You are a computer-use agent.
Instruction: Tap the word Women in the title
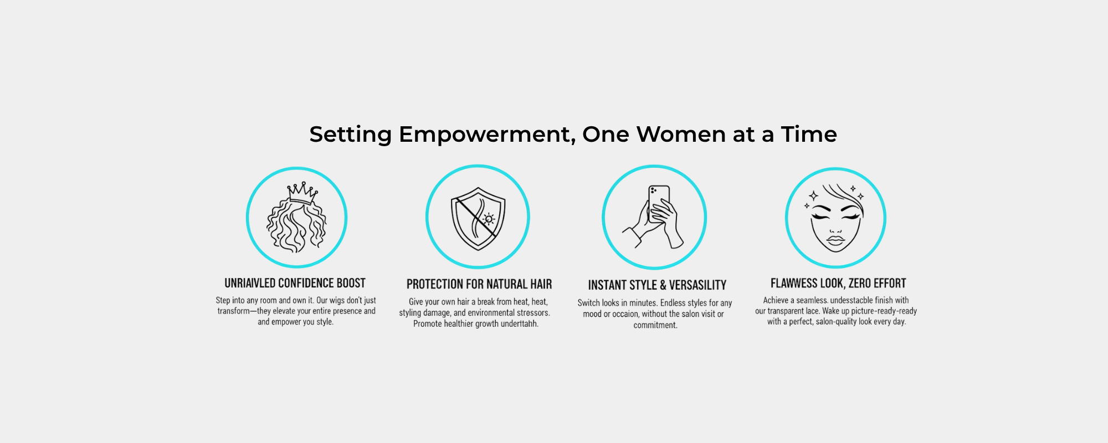pyautogui.click(x=681, y=134)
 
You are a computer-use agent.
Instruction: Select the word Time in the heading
pyautogui.click(x=809, y=134)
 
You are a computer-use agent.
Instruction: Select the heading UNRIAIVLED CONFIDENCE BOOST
pyautogui.click(x=295, y=284)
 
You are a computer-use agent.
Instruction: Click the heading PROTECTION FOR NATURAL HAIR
pyautogui.click(x=479, y=285)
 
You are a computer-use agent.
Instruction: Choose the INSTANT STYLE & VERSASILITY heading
pyautogui.click(x=657, y=285)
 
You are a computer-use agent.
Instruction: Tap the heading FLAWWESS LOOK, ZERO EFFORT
pyautogui.click(x=838, y=284)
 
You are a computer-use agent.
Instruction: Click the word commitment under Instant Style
pyautogui.click(x=655, y=325)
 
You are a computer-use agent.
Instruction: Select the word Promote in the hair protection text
pyautogui.click(x=427, y=324)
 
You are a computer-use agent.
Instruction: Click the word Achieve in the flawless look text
pyautogui.click(x=776, y=300)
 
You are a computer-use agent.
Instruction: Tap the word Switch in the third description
pyautogui.click(x=588, y=303)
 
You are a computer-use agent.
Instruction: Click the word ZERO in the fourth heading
pyautogui.click(x=860, y=284)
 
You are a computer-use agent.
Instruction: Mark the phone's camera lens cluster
pyautogui.click(x=654, y=190)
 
